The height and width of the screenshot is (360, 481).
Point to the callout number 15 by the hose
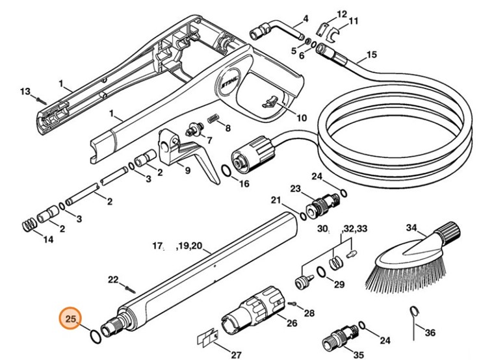click(371, 55)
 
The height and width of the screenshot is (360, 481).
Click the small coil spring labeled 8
click(213, 117)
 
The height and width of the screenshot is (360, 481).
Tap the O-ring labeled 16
click(224, 173)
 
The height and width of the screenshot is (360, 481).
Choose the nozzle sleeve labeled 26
click(253, 313)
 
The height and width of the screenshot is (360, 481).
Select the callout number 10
click(301, 118)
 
